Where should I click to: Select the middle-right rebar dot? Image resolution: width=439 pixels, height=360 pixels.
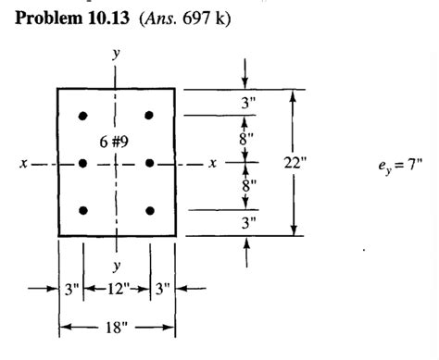pyautogui.click(x=149, y=163)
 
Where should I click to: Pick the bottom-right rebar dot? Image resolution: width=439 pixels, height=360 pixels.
pyautogui.click(x=149, y=211)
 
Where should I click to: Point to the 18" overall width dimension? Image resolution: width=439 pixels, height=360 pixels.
pyautogui.click(x=118, y=326)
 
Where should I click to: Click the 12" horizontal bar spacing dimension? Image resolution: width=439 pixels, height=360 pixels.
pyautogui.click(x=117, y=287)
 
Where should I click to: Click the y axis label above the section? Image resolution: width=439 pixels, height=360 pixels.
pyautogui.click(x=116, y=55)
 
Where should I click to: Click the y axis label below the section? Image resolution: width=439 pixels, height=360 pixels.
pyautogui.click(x=116, y=265)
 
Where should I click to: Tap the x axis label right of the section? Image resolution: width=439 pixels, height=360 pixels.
pyautogui.click(x=214, y=164)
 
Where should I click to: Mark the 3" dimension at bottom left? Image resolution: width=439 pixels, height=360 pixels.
pyautogui.click(x=72, y=287)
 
